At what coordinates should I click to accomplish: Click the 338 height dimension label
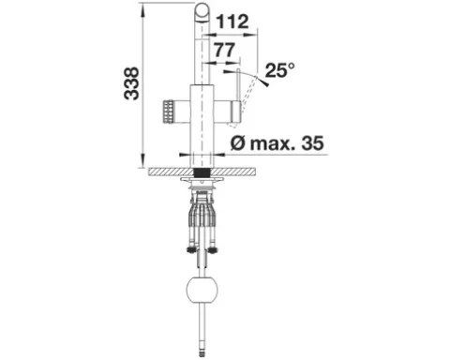coord(131,83)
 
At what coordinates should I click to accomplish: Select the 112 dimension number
coord(232,22)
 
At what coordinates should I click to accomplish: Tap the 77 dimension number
coord(224,50)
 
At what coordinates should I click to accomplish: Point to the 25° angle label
coord(280,70)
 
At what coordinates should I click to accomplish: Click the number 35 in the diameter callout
coord(312,143)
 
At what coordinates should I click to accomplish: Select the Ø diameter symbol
coord(238,143)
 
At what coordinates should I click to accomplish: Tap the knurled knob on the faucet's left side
coord(167,112)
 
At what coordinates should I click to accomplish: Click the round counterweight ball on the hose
coord(202,290)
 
